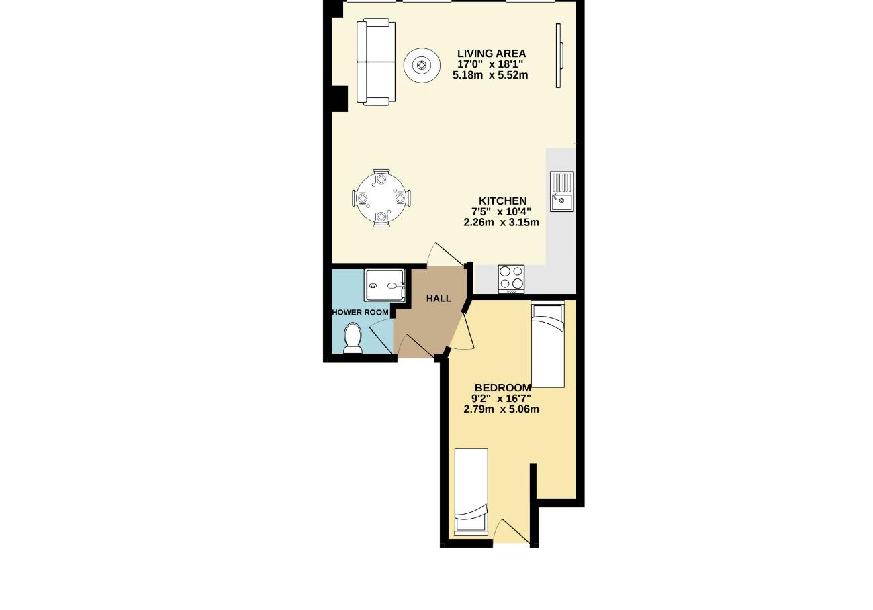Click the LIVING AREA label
[491, 54]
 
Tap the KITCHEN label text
[502, 201]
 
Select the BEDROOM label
[503, 388]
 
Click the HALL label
[439, 299]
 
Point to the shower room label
[360, 313]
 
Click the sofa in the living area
[376, 62]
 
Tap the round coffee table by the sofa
[422, 65]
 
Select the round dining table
[381, 198]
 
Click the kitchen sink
[561, 192]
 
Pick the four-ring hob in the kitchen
[511, 279]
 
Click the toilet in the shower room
[353, 338]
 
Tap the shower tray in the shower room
[385, 285]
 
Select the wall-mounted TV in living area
[559, 55]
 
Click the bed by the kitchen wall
[548, 344]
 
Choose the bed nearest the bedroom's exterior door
[471, 492]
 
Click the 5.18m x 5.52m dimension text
[490, 75]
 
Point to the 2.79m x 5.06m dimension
[501, 409]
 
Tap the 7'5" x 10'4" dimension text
[501, 212]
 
